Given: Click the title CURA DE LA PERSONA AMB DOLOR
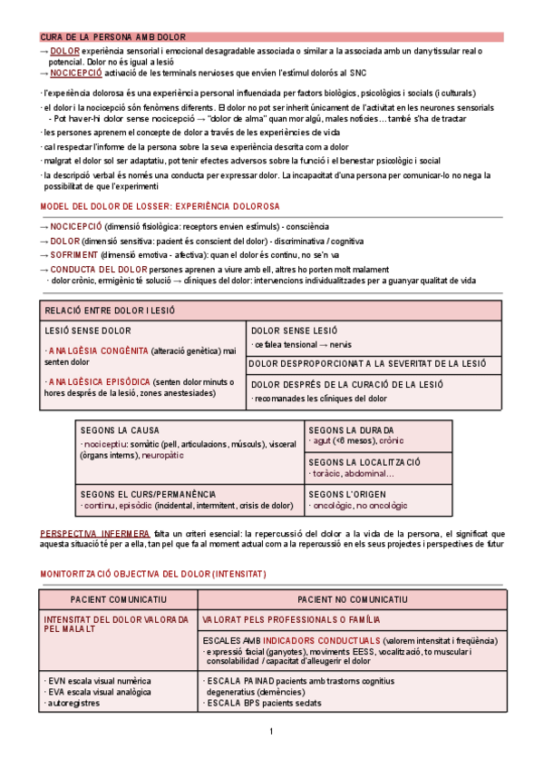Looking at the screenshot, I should [x=112, y=37].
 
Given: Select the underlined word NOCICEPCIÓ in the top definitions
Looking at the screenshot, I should [x=75, y=73].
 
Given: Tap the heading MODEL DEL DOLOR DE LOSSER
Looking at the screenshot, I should [x=160, y=207].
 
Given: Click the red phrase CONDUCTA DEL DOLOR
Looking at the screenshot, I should [x=99, y=270].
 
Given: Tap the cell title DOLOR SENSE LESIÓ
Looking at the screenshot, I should [x=294, y=331].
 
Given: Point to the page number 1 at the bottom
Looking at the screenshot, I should [x=271, y=732].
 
